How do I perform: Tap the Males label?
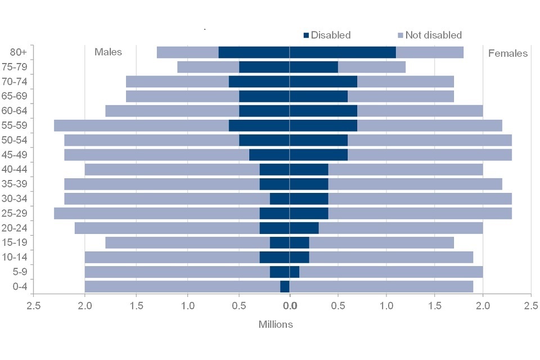click(x=108, y=52)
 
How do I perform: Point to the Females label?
click(x=507, y=53)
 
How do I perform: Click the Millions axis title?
click(x=276, y=325)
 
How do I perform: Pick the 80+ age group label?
click(x=18, y=52)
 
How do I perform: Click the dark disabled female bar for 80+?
click(x=343, y=52)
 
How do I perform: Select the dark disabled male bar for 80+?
click(x=254, y=52)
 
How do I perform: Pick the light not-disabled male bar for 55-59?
click(x=141, y=125)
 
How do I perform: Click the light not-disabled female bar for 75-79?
click(x=371, y=67)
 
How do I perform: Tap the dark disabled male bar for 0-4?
click(x=285, y=286)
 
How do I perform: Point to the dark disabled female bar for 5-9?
click(x=294, y=272)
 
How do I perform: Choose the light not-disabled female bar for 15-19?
click(x=381, y=242)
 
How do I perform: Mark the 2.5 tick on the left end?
click(x=34, y=306)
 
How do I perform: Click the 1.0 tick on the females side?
click(x=386, y=306)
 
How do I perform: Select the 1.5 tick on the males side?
click(x=136, y=306)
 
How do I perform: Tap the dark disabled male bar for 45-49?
click(x=269, y=155)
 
